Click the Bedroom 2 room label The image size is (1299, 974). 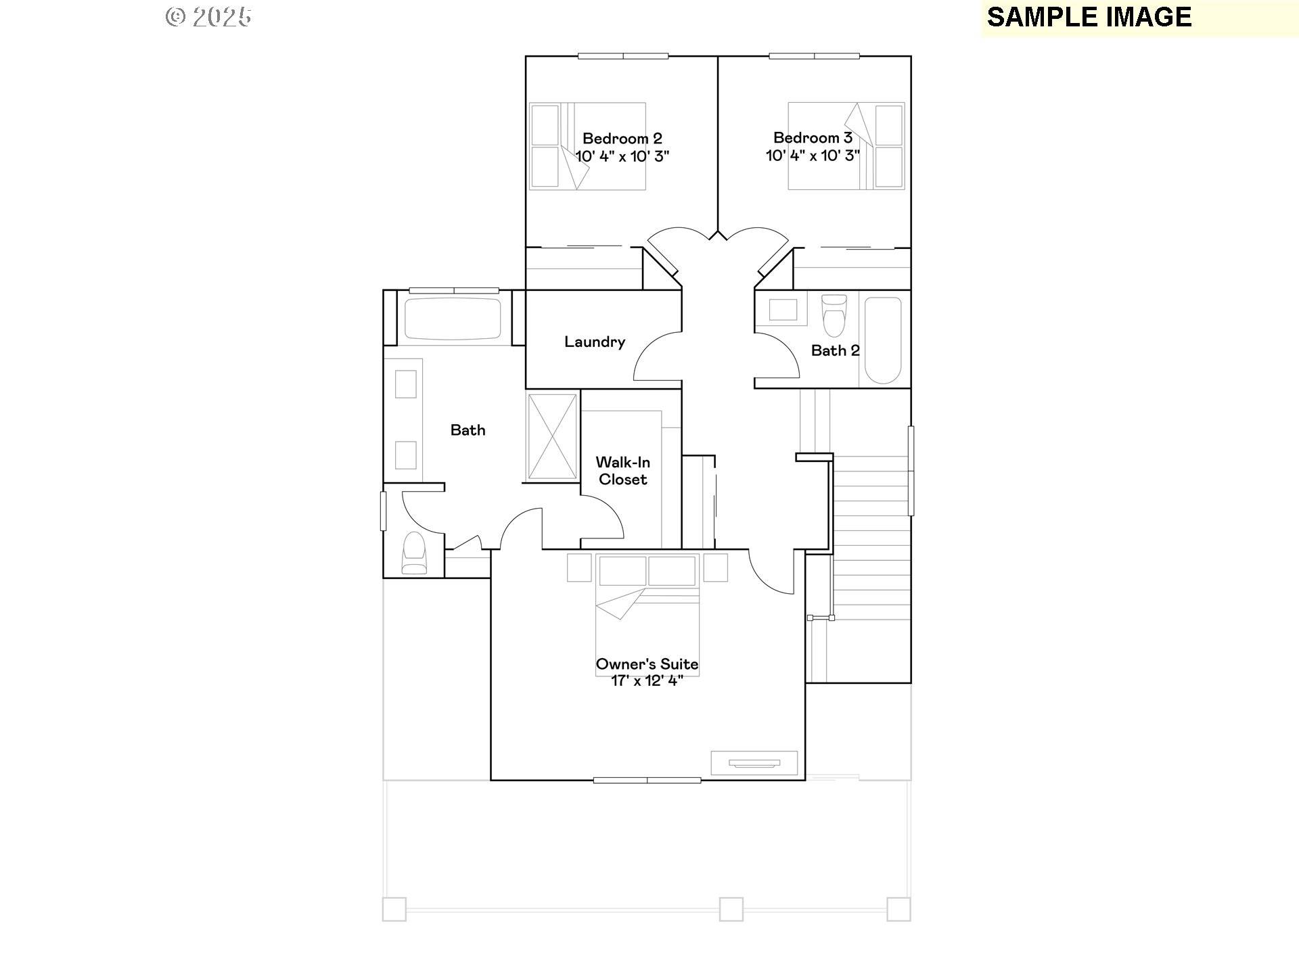pos(622,139)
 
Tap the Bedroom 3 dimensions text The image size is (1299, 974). pos(812,156)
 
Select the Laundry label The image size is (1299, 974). pos(594,342)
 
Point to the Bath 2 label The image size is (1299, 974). pos(835,350)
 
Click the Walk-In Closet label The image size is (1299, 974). pos(622,471)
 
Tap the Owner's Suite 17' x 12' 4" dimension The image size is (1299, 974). pos(647,681)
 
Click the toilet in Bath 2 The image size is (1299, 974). pos(834,315)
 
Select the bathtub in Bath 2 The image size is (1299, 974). pos(883,340)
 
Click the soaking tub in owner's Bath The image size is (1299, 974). pos(453,319)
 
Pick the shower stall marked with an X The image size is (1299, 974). pos(552,437)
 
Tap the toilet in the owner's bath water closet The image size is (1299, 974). pos(414,553)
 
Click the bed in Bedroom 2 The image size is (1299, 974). pos(587,146)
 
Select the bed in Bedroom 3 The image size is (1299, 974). pos(846,146)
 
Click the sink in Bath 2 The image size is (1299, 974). pos(783,310)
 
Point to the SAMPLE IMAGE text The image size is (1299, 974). pos(1089,18)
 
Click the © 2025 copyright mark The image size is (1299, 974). pos(208,17)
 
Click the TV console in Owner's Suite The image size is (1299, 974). pos(754,763)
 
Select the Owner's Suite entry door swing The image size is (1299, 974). pos(771,572)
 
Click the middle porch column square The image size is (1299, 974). pos(731,909)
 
